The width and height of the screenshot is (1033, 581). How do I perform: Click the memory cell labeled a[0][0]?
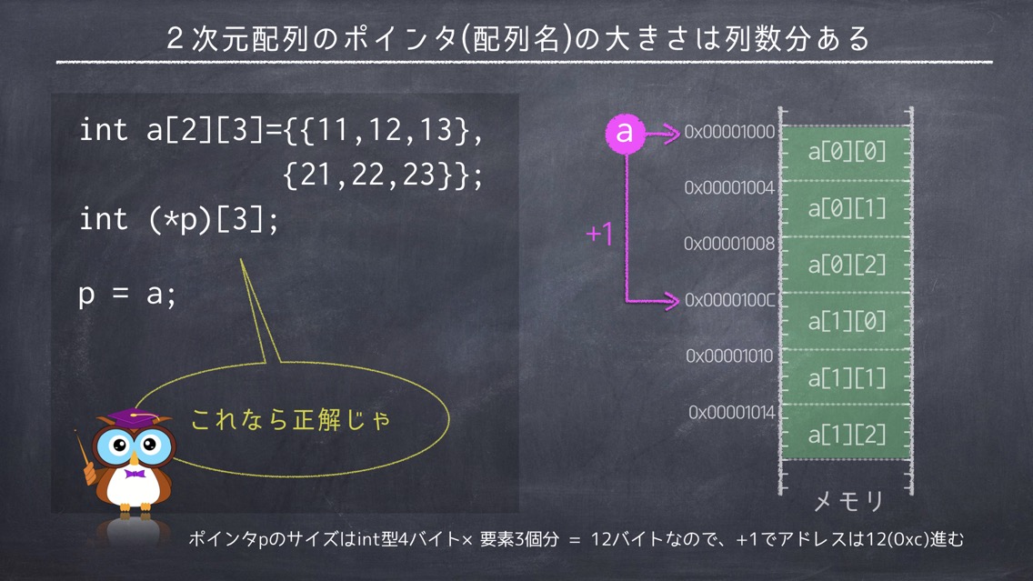click(846, 153)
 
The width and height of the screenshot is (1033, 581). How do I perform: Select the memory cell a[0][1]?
click(846, 209)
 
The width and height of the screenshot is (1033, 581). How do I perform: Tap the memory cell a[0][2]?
click(846, 265)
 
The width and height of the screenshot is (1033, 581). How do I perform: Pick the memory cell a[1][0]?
click(846, 322)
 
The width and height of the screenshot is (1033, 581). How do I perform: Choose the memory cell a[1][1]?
click(846, 377)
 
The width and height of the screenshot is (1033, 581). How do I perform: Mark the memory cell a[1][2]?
click(846, 433)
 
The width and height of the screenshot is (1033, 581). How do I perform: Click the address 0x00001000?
click(729, 132)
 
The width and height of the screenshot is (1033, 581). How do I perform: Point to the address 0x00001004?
click(729, 187)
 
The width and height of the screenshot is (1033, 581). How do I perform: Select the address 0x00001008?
click(729, 244)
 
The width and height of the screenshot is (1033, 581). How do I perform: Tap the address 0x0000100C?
click(730, 300)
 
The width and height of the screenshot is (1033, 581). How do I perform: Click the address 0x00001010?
click(729, 356)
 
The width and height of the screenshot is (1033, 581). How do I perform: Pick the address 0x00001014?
click(732, 413)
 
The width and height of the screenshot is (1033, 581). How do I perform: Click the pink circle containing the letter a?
click(626, 133)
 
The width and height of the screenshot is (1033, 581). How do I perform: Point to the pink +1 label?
click(599, 234)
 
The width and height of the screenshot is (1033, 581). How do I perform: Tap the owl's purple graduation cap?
click(133, 418)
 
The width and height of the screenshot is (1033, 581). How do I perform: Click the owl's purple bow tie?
click(135, 474)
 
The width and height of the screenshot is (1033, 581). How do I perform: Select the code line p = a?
click(127, 294)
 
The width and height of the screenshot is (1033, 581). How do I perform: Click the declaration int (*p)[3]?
click(179, 219)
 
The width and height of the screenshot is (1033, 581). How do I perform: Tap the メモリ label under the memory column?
click(848, 502)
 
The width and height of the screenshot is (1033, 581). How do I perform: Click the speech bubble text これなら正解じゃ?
click(291, 420)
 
